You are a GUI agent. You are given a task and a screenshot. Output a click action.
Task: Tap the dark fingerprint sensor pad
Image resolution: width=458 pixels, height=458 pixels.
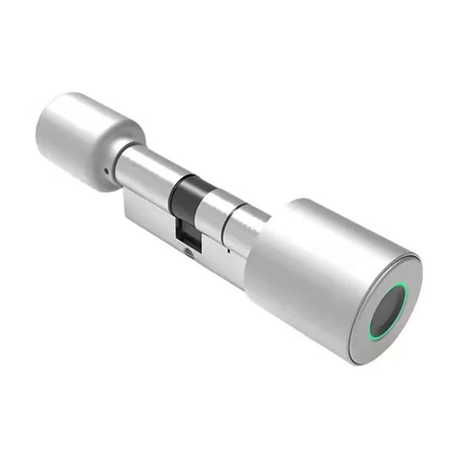coord(386,310)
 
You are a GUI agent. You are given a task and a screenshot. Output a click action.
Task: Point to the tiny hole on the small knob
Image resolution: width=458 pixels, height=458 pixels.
coord(106,169)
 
